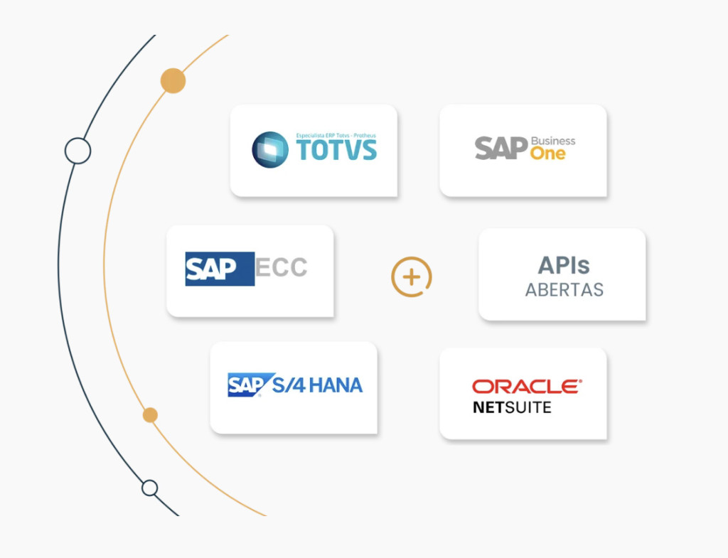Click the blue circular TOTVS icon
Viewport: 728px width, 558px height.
[x=270, y=149]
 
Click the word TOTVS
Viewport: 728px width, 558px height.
[x=336, y=151]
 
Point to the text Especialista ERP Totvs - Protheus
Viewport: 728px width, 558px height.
[x=335, y=134]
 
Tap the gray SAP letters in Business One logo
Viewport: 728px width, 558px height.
[x=500, y=148]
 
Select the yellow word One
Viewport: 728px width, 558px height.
[x=547, y=154]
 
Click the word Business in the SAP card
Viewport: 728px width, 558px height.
[x=553, y=141]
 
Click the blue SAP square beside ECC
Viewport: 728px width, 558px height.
[x=219, y=269]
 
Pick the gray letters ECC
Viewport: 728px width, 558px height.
[x=282, y=268]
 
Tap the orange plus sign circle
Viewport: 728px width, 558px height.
[x=412, y=277]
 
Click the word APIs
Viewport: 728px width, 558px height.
[x=564, y=265]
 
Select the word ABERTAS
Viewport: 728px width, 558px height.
[x=564, y=290]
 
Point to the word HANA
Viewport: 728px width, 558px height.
[x=336, y=385]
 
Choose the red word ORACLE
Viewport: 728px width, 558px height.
[x=526, y=386]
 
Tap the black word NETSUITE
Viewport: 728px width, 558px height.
[x=512, y=407]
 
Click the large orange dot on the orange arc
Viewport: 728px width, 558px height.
[x=173, y=81]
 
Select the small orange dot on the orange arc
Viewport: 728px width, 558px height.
[x=150, y=414]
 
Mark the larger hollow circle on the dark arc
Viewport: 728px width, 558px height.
[x=77, y=151]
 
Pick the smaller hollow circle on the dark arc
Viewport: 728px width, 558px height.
[x=149, y=488]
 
